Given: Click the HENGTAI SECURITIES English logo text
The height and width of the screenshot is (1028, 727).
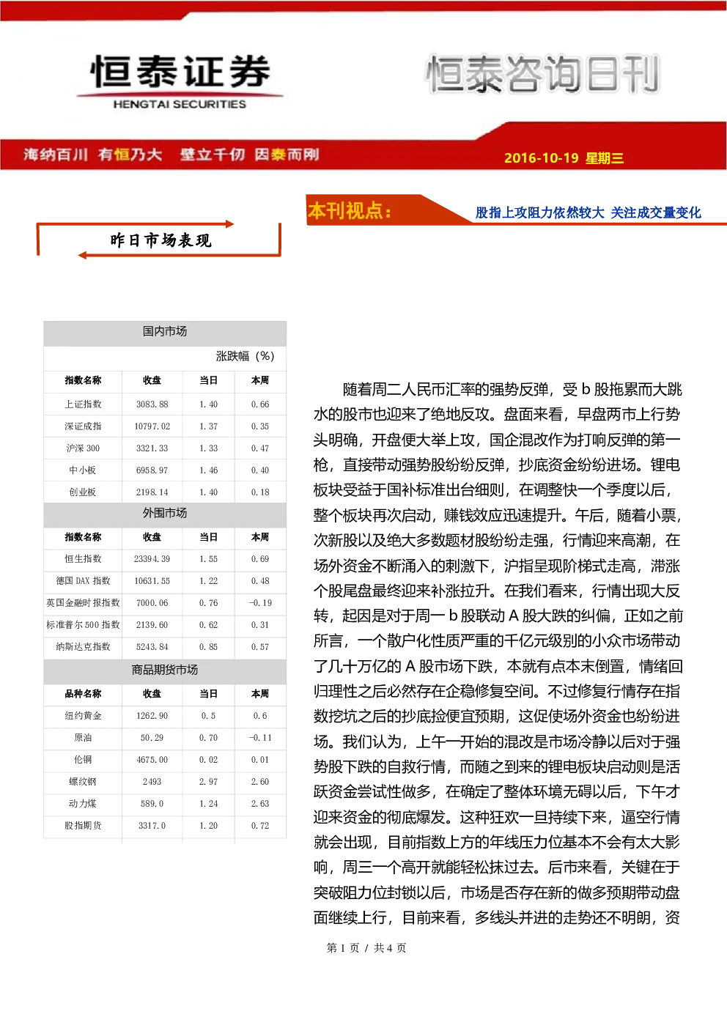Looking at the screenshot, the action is pyautogui.click(x=180, y=104).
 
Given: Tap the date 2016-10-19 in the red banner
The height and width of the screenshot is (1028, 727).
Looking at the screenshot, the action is pyautogui.click(x=541, y=158).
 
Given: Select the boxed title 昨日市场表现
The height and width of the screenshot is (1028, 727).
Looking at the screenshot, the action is pyautogui.click(x=160, y=240).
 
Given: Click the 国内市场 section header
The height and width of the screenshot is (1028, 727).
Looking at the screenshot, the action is pyautogui.click(x=165, y=331).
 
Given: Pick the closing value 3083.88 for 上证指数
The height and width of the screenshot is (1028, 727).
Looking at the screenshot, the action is pyautogui.click(x=152, y=404).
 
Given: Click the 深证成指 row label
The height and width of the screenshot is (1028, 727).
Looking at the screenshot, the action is pyautogui.click(x=83, y=426).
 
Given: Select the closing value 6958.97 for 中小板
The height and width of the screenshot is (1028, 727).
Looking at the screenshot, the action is pyautogui.click(x=152, y=470).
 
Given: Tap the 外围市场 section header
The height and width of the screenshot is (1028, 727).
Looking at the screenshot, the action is pyautogui.click(x=165, y=513).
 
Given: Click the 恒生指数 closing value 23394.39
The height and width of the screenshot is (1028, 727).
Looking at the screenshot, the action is pyautogui.click(x=152, y=559).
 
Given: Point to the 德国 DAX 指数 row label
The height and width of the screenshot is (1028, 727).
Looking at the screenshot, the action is pyautogui.click(x=83, y=581).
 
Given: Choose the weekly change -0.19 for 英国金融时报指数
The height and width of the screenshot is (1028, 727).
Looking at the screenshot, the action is pyautogui.click(x=260, y=603).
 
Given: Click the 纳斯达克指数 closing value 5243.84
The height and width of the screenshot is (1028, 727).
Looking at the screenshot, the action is pyautogui.click(x=152, y=647).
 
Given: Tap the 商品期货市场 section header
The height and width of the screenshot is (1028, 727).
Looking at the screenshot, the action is pyautogui.click(x=165, y=670).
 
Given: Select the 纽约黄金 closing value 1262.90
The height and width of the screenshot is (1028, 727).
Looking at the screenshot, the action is pyautogui.click(x=152, y=716).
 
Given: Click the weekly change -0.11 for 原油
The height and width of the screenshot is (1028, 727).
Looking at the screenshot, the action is pyautogui.click(x=260, y=738).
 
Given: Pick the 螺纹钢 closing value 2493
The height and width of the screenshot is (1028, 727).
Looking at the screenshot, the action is pyautogui.click(x=152, y=782).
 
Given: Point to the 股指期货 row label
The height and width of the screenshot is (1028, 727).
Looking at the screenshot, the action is pyautogui.click(x=83, y=826).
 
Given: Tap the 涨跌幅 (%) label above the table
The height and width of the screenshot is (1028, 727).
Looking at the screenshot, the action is pyautogui.click(x=245, y=356).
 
